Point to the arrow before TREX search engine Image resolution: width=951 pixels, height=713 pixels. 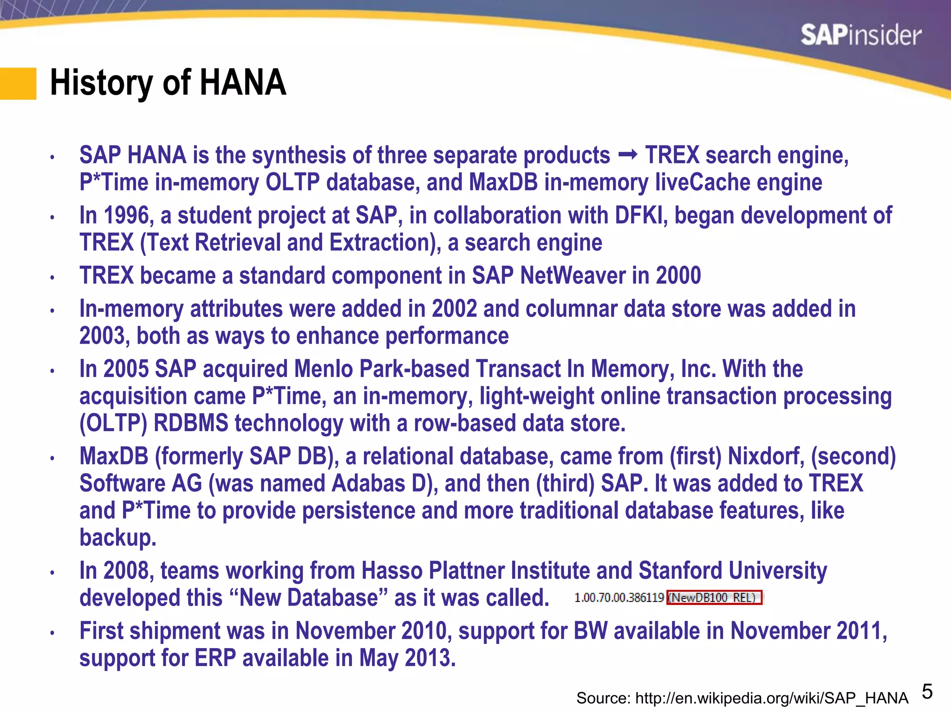(628, 155)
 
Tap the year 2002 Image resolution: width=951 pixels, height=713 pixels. (454, 309)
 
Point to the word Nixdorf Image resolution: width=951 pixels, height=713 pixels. (766, 456)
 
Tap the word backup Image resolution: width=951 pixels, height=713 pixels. (117, 538)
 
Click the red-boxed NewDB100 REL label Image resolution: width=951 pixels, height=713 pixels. (714, 597)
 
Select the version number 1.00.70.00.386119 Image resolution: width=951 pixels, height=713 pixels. (619, 597)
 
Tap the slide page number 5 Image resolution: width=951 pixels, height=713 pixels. (927, 692)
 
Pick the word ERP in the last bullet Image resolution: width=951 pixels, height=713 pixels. (215, 658)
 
